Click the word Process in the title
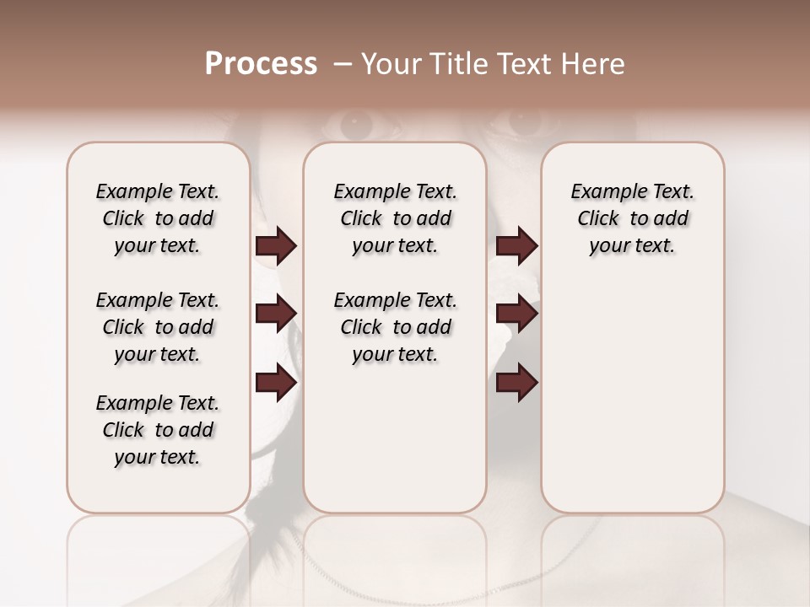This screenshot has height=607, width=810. tap(260, 64)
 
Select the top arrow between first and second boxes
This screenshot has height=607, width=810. tap(276, 245)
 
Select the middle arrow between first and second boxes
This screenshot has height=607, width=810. tap(276, 314)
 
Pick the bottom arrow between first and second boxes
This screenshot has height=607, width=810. tap(276, 384)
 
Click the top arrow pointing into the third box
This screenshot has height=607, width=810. tap(516, 245)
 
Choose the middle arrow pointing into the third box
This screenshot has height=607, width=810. tap(516, 314)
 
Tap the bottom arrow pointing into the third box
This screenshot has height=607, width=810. tap(516, 384)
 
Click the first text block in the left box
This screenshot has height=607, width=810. tap(158, 218)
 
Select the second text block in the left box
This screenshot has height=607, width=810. tap(158, 327)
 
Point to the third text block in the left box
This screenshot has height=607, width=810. tap(158, 430)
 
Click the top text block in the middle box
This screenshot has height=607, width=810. tap(395, 218)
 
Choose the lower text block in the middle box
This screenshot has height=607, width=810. tap(395, 327)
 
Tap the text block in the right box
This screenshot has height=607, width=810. tap(632, 218)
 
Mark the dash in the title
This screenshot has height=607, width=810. tap(343, 64)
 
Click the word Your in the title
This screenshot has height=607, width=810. tap(391, 64)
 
